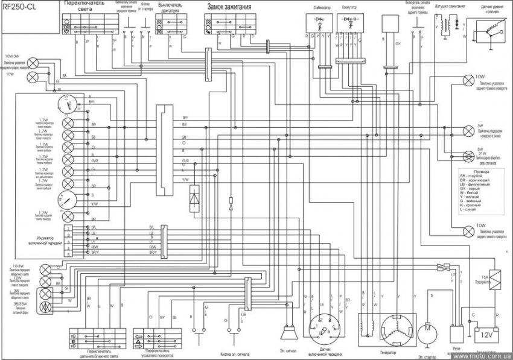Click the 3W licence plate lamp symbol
coord(468,130)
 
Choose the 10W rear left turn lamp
coord(468,230)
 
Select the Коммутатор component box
coord(351,21)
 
